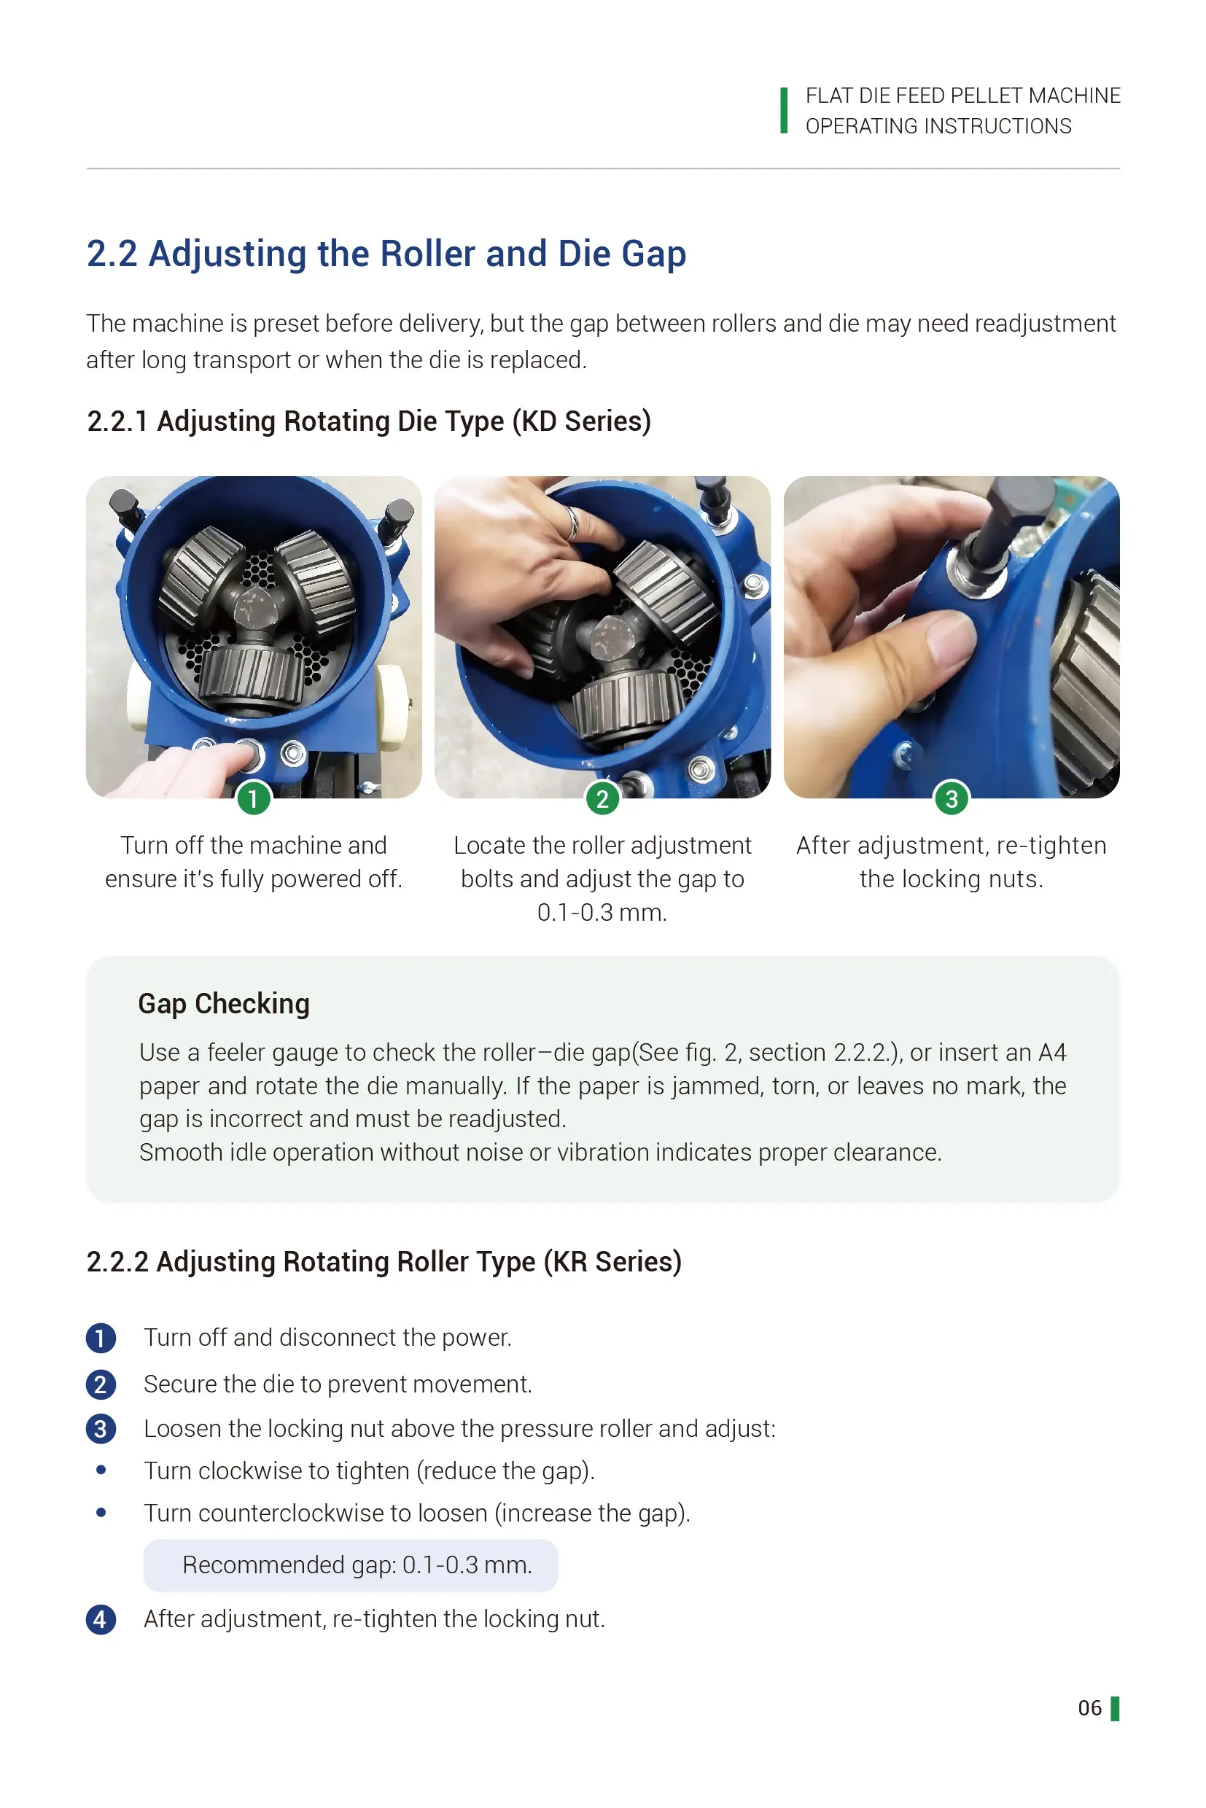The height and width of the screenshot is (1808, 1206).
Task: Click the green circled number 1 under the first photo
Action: pyautogui.click(x=253, y=798)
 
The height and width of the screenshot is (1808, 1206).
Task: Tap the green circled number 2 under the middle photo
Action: pyautogui.click(x=602, y=798)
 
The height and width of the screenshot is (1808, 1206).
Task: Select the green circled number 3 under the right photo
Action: pyautogui.click(x=952, y=798)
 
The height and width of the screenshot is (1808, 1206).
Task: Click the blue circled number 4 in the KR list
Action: pyautogui.click(x=101, y=1619)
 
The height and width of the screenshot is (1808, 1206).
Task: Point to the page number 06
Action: pyautogui.click(x=1089, y=1708)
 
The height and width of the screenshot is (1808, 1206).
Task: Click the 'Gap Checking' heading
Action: pyautogui.click(x=224, y=1004)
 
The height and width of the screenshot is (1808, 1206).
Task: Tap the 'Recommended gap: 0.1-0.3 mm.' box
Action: pyautogui.click(x=350, y=1565)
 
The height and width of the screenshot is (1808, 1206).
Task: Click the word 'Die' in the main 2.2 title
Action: pyautogui.click(x=584, y=254)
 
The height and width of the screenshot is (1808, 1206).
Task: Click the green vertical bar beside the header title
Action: pyautogui.click(x=784, y=110)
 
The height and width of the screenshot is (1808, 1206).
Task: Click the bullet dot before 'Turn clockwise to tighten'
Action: pyautogui.click(x=101, y=1470)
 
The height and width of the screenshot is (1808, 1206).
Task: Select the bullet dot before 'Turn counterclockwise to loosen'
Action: pyautogui.click(x=101, y=1512)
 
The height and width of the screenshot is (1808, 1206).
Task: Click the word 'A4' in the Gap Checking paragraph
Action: pyautogui.click(x=1051, y=1052)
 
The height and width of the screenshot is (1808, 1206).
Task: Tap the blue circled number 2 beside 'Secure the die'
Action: pyautogui.click(x=101, y=1384)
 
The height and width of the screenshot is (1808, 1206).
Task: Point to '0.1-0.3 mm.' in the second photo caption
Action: pyautogui.click(x=602, y=913)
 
